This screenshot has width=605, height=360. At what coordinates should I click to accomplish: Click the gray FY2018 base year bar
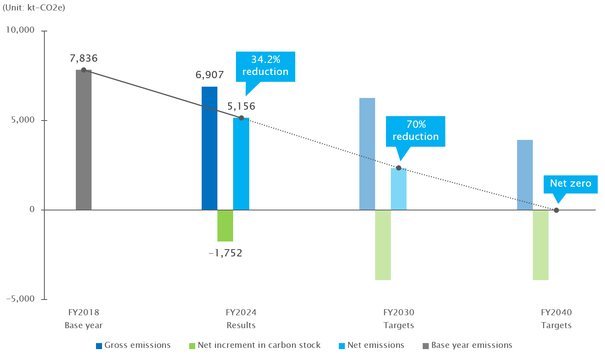(83, 140)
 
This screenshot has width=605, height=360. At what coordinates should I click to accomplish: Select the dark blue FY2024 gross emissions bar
(209, 148)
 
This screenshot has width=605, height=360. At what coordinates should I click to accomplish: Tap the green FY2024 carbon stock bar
(225, 225)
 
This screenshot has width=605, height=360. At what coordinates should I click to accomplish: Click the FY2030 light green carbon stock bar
(383, 245)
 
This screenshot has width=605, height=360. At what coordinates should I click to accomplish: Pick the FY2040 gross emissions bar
(525, 175)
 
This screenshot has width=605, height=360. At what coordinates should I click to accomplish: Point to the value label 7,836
(83, 58)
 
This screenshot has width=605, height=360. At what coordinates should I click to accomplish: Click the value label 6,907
(209, 75)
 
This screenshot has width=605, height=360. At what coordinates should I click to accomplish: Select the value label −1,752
(225, 253)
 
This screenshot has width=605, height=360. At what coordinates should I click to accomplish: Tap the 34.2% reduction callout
(265, 66)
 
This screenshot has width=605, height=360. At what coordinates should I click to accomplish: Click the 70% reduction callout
(415, 131)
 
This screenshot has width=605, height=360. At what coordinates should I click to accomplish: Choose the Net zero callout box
(570, 184)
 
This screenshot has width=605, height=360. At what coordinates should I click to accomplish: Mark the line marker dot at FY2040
(556, 210)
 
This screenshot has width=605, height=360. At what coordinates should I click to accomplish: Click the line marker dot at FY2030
(398, 168)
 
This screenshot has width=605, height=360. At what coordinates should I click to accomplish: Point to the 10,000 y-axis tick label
(20, 31)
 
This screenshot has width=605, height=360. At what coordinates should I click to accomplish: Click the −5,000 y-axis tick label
(20, 299)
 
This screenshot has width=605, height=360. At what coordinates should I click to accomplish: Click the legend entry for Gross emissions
(133, 345)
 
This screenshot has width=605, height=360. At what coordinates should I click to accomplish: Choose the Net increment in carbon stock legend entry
(255, 345)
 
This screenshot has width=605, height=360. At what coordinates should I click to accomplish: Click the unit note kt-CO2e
(34, 8)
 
